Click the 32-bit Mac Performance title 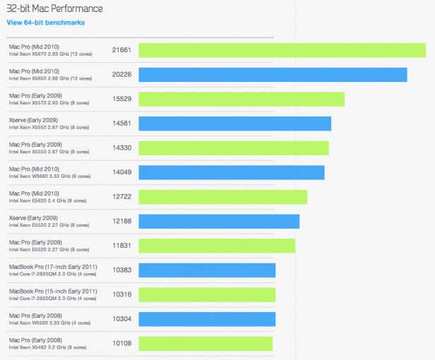click(54, 8)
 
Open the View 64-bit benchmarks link click(45, 23)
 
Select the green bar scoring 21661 click(282, 50)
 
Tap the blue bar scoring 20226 click(273, 75)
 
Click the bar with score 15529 click(242, 99)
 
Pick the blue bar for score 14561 click(234, 124)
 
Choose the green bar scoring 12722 click(222, 197)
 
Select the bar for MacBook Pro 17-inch click(207, 270)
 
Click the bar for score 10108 click(205, 344)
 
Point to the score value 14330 click(121, 148)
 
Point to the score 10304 click(121, 319)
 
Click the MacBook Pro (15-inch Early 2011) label click(53, 291)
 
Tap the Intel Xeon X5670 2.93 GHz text click(49, 54)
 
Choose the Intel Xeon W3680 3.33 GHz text click(49, 177)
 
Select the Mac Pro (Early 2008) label click(33, 340)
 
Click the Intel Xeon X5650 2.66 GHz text click(49, 79)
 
